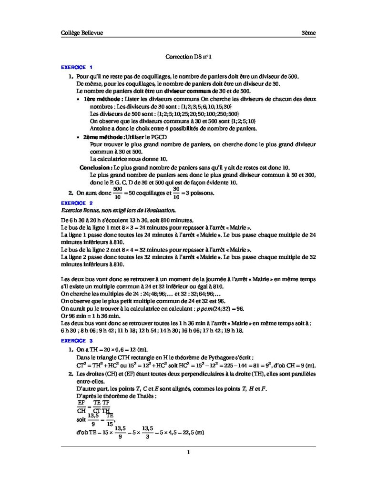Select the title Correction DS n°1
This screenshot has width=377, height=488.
pos(188,56)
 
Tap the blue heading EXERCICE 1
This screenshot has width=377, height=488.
pos(73,67)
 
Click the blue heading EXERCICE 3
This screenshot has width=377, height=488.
pos(73,341)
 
